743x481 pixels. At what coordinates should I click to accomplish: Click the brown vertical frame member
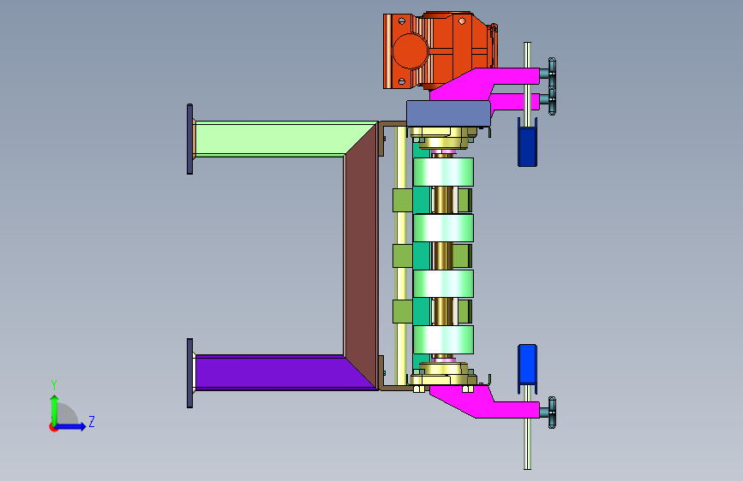click(361, 256)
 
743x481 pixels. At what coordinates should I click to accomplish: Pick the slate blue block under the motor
click(448, 114)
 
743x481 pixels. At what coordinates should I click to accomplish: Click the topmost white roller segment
click(443, 172)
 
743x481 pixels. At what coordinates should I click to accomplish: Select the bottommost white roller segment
click(443, 340)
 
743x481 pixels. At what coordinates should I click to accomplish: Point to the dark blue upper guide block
click(527, 146)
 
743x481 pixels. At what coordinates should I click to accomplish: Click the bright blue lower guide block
click(527, 364)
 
